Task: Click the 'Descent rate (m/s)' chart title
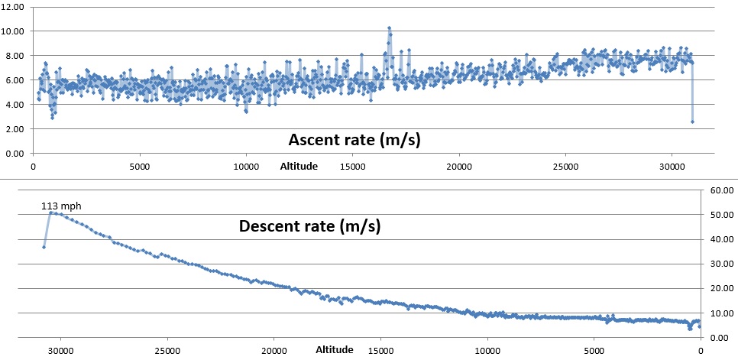tap(310, 226)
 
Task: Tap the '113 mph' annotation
tap(60, 205)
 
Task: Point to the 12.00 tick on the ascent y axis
tap(15, 6)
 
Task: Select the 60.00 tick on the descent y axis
tap(721, 190)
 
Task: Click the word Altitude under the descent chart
tap(335, 349)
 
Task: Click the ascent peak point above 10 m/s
tap(389, 28)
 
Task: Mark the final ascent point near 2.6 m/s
tap(692, 122)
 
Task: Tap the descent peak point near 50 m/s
tap(50, 212)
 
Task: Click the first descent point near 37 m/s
tap(44, 247)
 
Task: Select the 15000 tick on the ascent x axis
tap(351, 165)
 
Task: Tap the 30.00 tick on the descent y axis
tap(721, 264)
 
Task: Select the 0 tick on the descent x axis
tap(701, 350)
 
